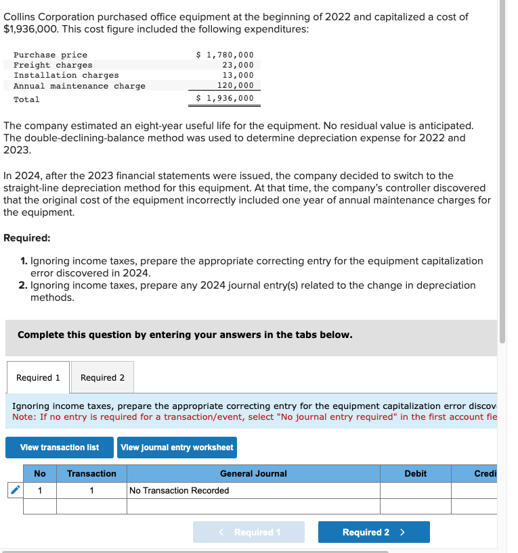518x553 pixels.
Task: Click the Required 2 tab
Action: [x=102, y=378]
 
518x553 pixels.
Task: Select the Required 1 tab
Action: [x=38, y=378]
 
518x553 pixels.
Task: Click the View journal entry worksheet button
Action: [x=177, y=448]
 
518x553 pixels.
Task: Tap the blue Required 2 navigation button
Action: [x=373, y=532]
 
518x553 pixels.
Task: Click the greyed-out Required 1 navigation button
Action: [x=249, y=532]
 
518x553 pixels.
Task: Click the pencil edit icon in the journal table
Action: [x=14, y=490]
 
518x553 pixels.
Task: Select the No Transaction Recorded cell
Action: [x=179, y=490]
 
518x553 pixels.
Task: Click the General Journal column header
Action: [x=253, y=474]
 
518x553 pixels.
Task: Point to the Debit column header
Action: [x=415, y=474]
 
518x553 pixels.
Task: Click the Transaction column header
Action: [x=91, y=474]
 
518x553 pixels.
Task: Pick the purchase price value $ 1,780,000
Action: [x=225, y=55]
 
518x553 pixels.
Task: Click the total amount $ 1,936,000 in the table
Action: [x=225, y=99]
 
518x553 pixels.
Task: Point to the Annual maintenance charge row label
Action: [x=79, y=86]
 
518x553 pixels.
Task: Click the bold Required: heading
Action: [x=26, y=238]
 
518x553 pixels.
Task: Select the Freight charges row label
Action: [x=53, y=65]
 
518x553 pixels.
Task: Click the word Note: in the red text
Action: [x=25, y=416]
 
